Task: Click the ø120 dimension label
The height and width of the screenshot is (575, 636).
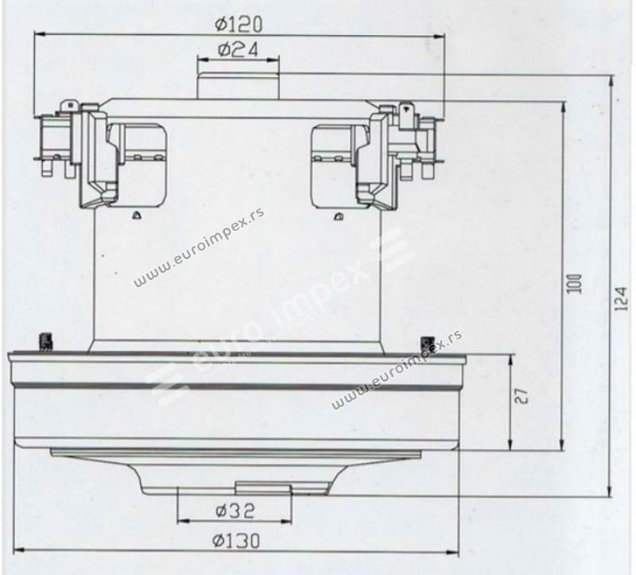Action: (239, 25)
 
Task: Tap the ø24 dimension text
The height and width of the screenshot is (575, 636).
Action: (238, 50)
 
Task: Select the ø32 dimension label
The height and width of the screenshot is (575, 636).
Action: (235, 511)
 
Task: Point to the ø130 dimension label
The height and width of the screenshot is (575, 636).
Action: (236, 541)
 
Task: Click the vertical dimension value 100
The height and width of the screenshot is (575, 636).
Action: (574, 284)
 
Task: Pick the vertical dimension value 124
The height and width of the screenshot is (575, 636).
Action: (621, 299)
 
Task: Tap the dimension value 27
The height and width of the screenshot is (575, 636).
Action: (522, 396)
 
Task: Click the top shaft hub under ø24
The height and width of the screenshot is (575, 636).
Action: (238, 85)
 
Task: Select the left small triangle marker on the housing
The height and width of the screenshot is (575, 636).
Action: (137, 216)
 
